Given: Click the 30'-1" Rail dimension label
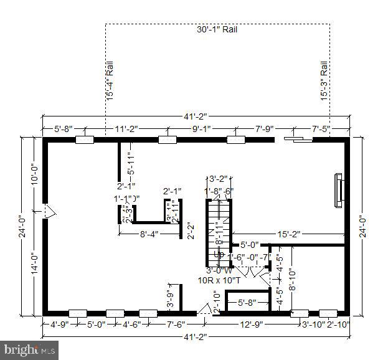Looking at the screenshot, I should click(x=217, y=29).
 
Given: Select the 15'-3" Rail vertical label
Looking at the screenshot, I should click(x=324, y=80).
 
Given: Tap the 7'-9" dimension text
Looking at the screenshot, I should click(x=264, y=129).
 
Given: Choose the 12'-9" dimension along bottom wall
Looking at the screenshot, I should click(x=253, y=324).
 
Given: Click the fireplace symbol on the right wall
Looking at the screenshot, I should click(x=338, y=189).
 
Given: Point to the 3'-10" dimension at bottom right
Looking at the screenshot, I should click(x=313, y=324).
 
